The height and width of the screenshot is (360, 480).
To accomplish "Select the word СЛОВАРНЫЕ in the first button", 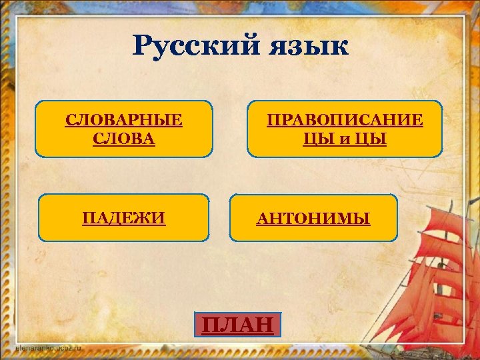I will [x=124, y=120].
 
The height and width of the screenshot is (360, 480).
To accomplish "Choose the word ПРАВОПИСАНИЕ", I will [x=345, y=120].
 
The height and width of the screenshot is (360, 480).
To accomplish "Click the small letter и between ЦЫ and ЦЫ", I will [x=345, y=140].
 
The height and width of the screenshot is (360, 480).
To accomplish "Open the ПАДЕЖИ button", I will [x=123, y=217].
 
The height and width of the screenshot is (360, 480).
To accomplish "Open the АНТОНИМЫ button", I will [x=313, y=218].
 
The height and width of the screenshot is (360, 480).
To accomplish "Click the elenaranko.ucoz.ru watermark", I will [x=47, y=348].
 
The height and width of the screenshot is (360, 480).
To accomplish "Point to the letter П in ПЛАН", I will [x=211, y=325].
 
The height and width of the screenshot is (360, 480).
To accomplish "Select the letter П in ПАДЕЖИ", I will [x=88, y=217].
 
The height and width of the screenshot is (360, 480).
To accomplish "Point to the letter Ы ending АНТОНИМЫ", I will [x=363, y=218].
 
